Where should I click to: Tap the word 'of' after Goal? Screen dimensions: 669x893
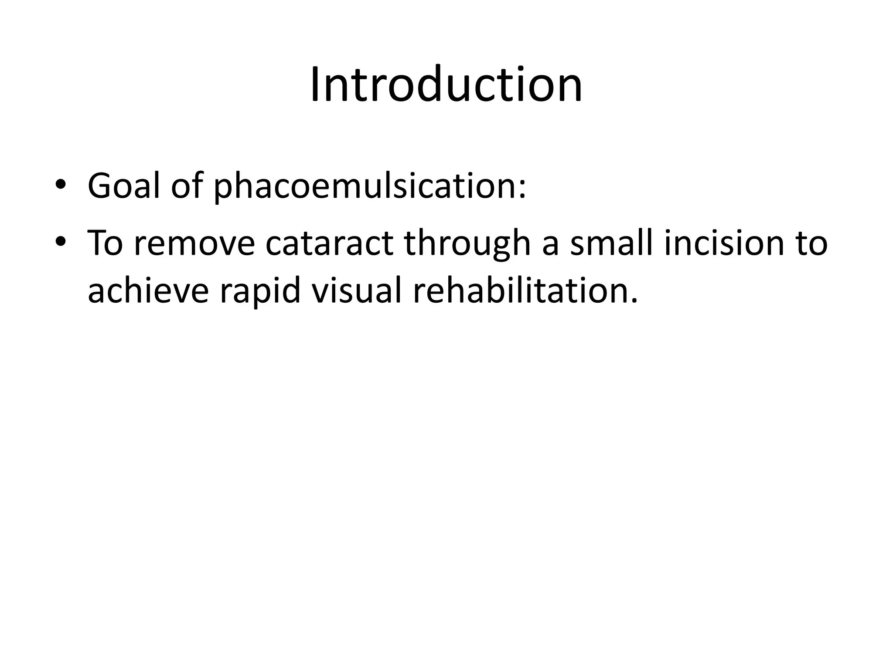point(187,186)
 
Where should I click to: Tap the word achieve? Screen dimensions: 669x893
point(149,291)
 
